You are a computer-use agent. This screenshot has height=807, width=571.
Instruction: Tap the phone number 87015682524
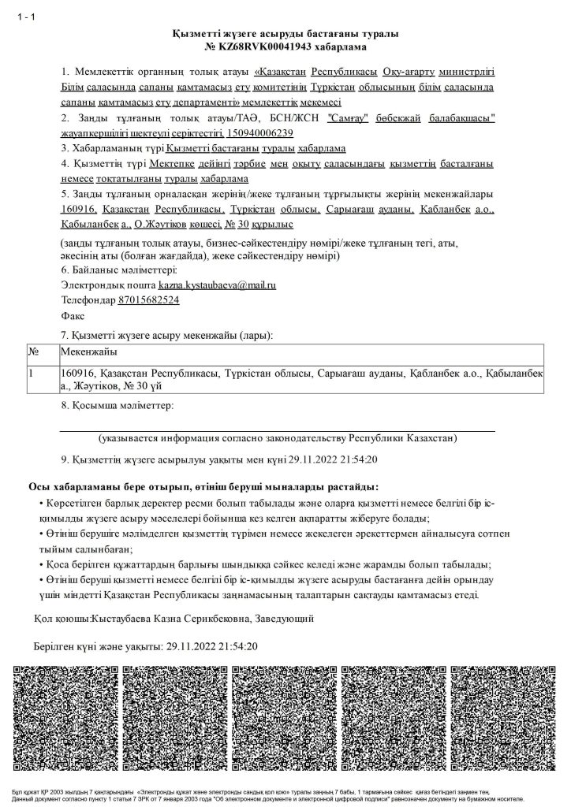tap(148, 299)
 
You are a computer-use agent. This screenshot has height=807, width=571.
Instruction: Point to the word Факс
tap(73, 314)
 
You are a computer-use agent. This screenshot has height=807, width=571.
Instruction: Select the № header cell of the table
tap(34, 351)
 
